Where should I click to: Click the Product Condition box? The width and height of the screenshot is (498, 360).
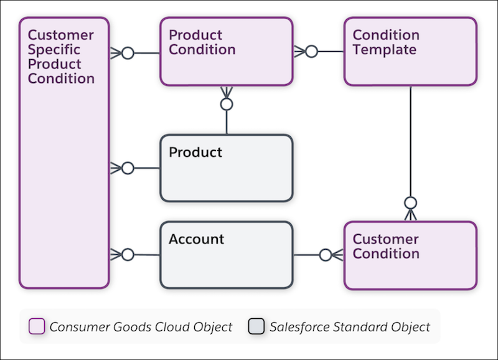click(226, 51)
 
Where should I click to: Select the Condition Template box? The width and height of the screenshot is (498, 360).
click(410, 51)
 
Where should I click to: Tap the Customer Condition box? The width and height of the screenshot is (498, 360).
click(410, 255)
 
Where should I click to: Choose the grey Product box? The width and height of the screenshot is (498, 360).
click(226, 168)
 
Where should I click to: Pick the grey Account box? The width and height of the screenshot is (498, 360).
click(226, 255)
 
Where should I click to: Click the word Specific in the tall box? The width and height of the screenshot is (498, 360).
click(54, 50)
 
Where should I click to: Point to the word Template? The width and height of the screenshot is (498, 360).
click(384, 50)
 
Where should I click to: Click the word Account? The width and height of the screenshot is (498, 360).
click(196, 239)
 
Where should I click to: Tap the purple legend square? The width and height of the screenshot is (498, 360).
click(37, 326)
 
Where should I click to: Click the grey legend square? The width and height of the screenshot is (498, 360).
click(256, 326)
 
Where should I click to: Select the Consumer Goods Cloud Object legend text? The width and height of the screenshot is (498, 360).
click(141, 326)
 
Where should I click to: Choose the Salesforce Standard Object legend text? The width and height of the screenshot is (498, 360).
click(350, 326)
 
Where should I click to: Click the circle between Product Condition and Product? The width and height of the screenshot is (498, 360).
click(227, 104)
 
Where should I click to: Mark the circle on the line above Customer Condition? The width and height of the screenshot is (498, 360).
click(410, 203)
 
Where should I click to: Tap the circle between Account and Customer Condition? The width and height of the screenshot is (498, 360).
click(325, 255)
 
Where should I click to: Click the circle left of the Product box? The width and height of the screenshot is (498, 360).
click(128, 168)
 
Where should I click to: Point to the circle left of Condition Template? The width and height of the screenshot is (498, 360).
click(311, 51)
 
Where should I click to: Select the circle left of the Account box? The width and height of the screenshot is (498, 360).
click(128, 255)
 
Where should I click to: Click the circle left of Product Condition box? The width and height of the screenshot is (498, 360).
click(128, 53)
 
